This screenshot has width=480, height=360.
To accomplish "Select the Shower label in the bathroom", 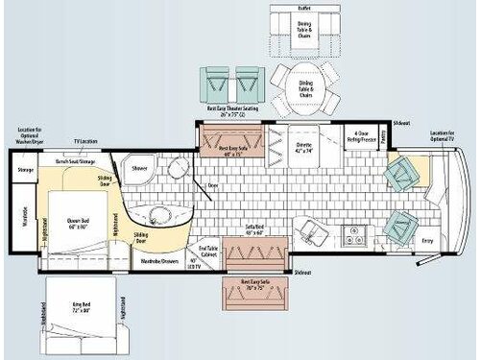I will pos(138,167).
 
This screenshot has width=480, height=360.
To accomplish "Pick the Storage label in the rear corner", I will pos(25,171).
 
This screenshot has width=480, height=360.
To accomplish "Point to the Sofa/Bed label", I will pos(255,228).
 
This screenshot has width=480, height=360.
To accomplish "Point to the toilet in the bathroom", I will pos(177,170).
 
